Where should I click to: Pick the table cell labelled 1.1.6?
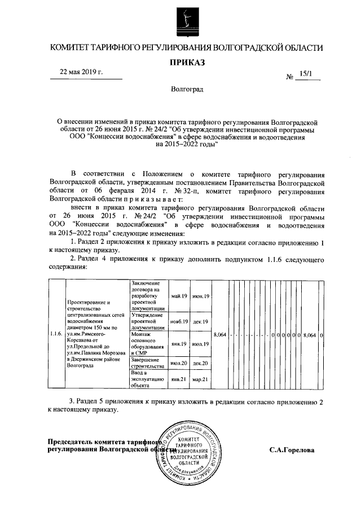(x=55, y=334)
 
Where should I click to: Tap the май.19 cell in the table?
(x=179, y=296)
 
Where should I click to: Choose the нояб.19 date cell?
(x=179, y=321)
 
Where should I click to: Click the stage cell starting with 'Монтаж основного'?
(x=148, y=342)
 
